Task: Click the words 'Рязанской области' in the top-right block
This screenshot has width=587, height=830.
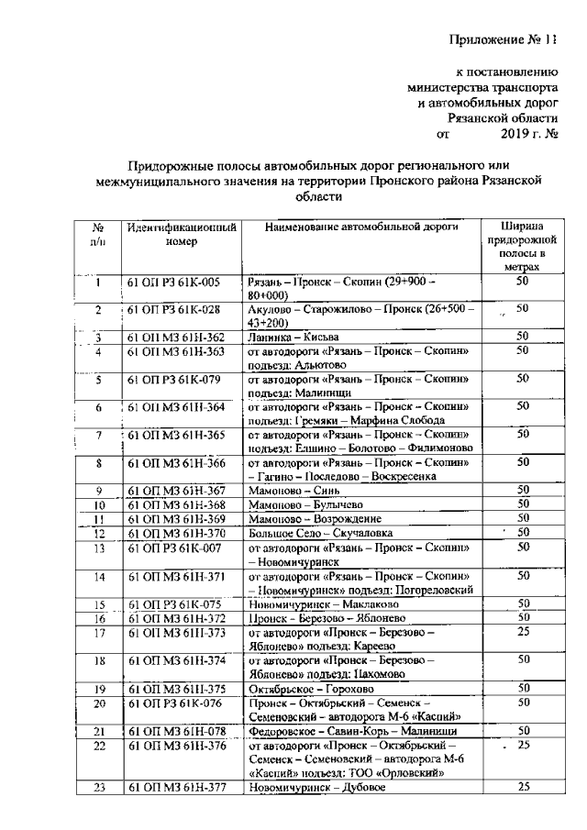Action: [503, 118]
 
